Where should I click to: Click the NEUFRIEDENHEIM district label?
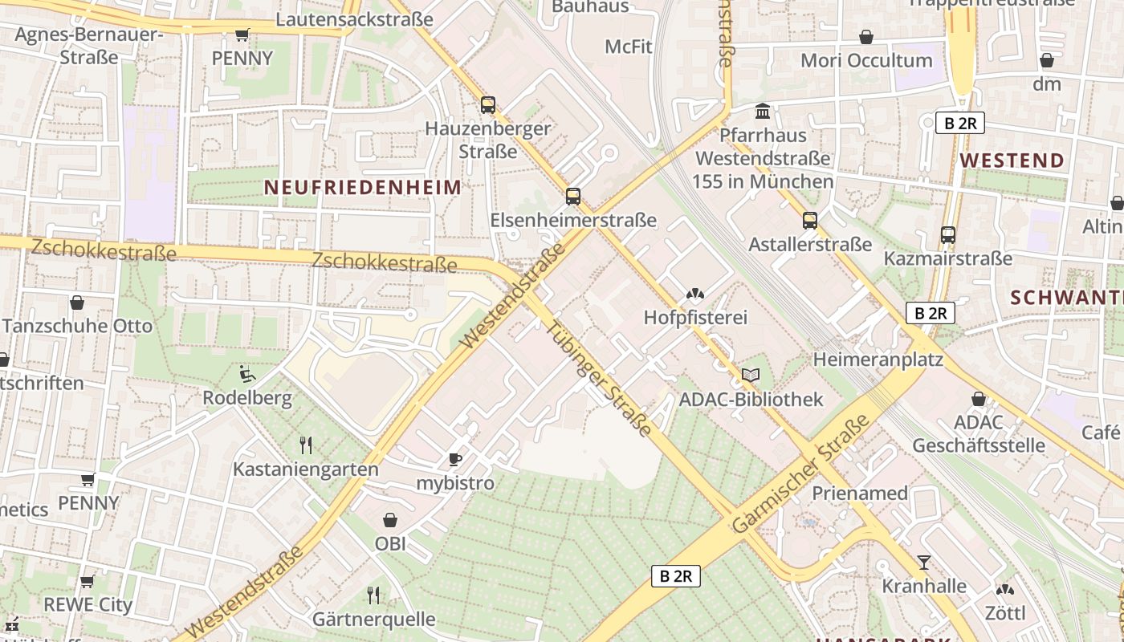click(363, 188)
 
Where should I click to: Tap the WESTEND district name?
click(1012, 160)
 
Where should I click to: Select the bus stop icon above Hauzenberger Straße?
click(487, 104)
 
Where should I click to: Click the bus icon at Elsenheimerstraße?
click(572, 196)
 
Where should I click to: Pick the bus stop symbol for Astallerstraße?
click(809, 220)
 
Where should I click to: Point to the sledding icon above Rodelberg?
click(247, 374)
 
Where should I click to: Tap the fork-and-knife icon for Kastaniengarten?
click(305, 445)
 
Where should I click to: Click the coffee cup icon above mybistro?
click(454, 459)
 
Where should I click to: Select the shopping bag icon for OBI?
click(390, 520)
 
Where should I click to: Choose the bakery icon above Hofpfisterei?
click(695, 294)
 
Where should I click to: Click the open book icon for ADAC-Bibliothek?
click(751, 375)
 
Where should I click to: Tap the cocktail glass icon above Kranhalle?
click(924, 562)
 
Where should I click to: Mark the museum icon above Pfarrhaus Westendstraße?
click(762, 110)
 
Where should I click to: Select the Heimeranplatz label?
click(878, 359)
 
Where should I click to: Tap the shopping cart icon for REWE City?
click(88, 580)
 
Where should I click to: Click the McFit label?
click(629, 47)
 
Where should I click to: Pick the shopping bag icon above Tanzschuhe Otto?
click(77, 303)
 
